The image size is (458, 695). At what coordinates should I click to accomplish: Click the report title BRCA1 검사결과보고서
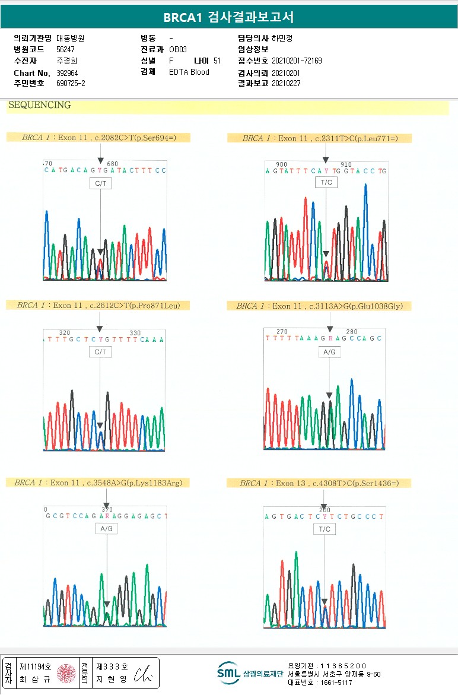(228, 17)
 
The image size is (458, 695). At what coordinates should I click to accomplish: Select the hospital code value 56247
(65, 49)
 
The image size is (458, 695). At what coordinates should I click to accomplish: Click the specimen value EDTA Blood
(189, 72)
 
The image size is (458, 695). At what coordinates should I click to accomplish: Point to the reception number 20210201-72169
(297, 61)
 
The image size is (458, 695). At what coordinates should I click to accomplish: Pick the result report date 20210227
(286, 84)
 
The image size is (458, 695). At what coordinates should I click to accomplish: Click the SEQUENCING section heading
(39, 106)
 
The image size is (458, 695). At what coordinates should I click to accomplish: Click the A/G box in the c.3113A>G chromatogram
(329, 353)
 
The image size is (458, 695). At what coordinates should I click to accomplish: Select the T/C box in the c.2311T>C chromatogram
(326, 182)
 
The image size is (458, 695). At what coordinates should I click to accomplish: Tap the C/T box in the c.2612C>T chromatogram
(100, 353)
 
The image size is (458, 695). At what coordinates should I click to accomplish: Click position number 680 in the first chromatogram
(112, 164)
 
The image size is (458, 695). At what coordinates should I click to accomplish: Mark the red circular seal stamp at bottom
(65, 673)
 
